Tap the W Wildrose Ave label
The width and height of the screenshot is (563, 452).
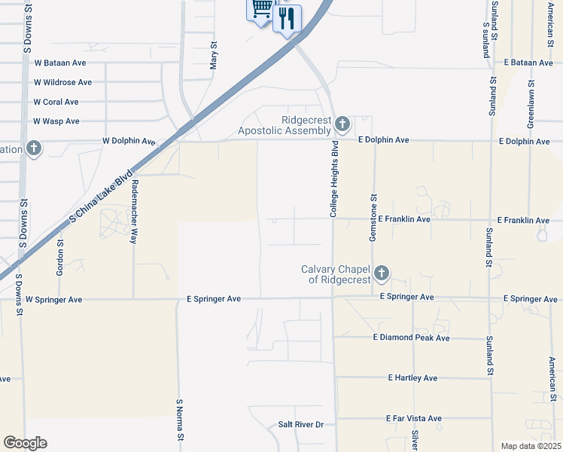point(62,82)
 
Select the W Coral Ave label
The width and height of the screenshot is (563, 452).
point(56,102)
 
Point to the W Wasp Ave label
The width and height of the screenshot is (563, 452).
point(56,121)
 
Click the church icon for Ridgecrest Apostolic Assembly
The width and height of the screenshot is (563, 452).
point(342,124)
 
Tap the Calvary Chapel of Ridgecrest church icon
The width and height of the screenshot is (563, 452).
point(382,273)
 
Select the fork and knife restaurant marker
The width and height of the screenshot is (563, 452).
point(286,18)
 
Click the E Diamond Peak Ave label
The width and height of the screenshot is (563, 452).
point(410,338)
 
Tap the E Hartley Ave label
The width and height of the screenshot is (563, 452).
point(412,378)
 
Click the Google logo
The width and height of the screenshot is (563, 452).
point(26,443)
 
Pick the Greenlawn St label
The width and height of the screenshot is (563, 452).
point(531,103)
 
